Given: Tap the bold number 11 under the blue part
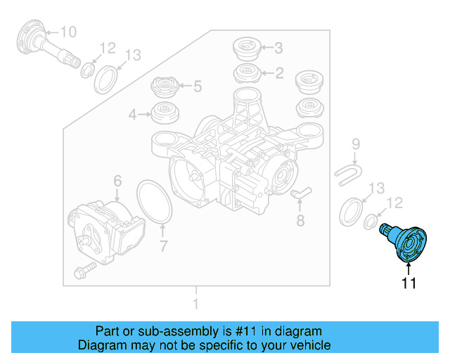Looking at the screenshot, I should (x=409, y=283).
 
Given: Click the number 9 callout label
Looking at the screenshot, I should (x=355, y=144).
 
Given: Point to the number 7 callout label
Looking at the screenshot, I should (x=162, y=246).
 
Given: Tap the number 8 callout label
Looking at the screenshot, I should (x=300, y=221).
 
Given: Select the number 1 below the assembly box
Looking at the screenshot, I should (x=196, y=305).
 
